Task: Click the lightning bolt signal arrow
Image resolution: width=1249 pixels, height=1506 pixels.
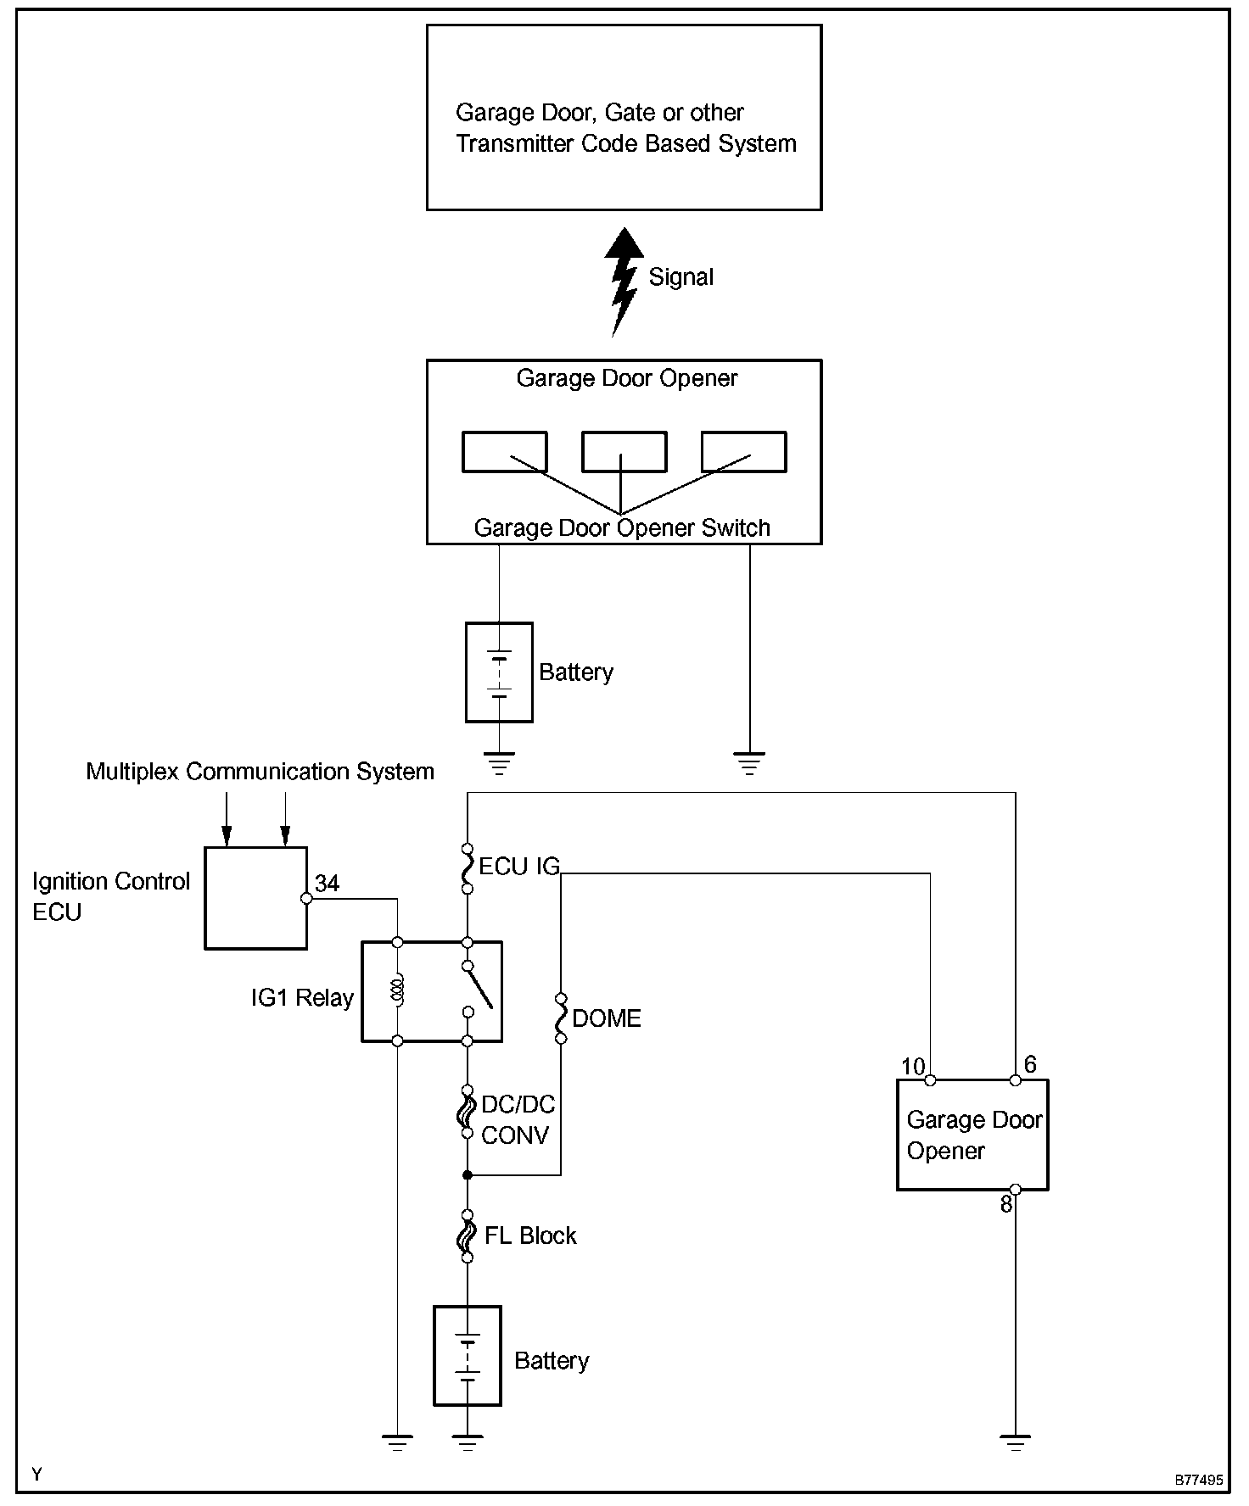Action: pyautogui.click(x=624, y=282)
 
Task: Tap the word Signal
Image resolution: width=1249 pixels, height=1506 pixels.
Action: pyautogui.click(x=681, y=277)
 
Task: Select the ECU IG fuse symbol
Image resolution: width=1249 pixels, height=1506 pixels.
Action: pyautogui.click(x=467, y=868)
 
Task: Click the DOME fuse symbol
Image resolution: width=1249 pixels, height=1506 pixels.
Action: pyautogui.click(x=560, y=1018)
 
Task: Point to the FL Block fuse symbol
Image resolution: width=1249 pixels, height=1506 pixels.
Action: pyautogui.click(x=467, y=1236)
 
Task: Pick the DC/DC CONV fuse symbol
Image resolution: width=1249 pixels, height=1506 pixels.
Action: pyautogui.click(x=467, y=1111)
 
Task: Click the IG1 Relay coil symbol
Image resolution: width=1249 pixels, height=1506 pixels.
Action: pyautogui.click(x=397, y=991)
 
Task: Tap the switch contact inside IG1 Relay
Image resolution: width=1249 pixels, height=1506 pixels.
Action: pyautogui.click(x=477, y=989)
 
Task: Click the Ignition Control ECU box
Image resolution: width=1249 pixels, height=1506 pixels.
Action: pyautogui.click(x=255, y=897)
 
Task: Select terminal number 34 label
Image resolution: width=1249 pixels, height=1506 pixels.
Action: pyautogui.click(x=327, y=884)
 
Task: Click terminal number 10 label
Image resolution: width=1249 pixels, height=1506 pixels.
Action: pyautogui.click(x=913, y=1066)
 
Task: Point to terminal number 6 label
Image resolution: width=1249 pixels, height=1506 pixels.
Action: pyautogui.click(x=1030, y=1064)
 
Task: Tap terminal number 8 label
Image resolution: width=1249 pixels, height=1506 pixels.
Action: pyautogui.click(x=1005, y=1204)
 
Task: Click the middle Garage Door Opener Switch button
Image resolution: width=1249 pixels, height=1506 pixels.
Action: pyautogui.click(x=624, y=452)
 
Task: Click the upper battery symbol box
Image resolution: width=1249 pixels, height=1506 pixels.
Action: pyautogui.click(x=499, y=672)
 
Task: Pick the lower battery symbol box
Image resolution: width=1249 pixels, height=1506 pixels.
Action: pyautogui.click(x=467, y=1356)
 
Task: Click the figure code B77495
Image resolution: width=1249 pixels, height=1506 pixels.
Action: pyautogui.click(x=1198, y=1481)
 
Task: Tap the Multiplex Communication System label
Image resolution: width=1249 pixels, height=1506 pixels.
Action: pyautogui.click(x=260, y=772)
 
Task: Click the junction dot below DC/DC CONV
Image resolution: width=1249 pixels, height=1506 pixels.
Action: pyautogui.click(x=467, y=1175)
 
